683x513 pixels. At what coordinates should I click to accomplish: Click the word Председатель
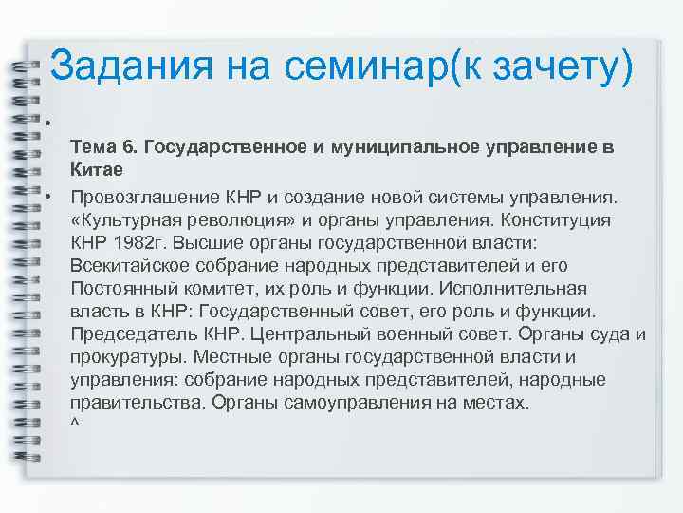click(x=126, y=334)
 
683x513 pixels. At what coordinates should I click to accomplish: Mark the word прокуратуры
click(x=123, y=357)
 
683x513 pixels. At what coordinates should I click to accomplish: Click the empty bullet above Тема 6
click(x=47, y=122)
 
